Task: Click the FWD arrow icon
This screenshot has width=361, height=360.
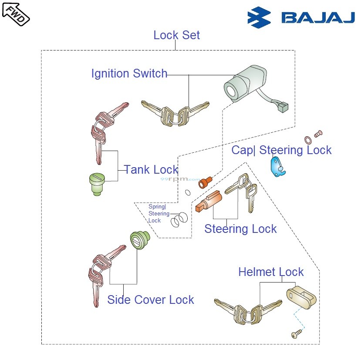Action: (16, 13)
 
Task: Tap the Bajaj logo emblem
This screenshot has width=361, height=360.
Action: (259, 17)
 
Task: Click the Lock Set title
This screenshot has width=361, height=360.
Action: (176, 35)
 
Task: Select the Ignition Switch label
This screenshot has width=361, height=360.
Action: (129, 74)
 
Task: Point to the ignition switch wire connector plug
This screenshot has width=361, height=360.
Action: (283, 106)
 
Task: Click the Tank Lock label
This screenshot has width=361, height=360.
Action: (151, 169)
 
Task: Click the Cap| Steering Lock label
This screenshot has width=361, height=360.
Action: (281, 150)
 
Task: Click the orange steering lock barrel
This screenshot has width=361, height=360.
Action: (208, 203)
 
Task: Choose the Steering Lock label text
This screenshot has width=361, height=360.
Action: (240, 229)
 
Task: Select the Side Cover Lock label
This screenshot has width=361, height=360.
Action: (150, 299)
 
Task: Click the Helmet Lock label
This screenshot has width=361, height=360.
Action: (270, 272)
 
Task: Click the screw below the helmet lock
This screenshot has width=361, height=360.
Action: (296, 334)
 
